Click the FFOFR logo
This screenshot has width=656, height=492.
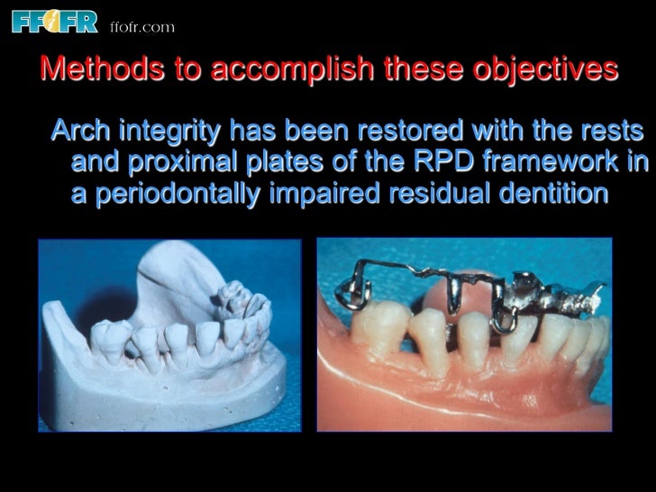(52, 22)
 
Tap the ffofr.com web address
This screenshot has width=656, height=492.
(141, 27)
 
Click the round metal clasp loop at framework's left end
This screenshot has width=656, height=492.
(347, 294)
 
